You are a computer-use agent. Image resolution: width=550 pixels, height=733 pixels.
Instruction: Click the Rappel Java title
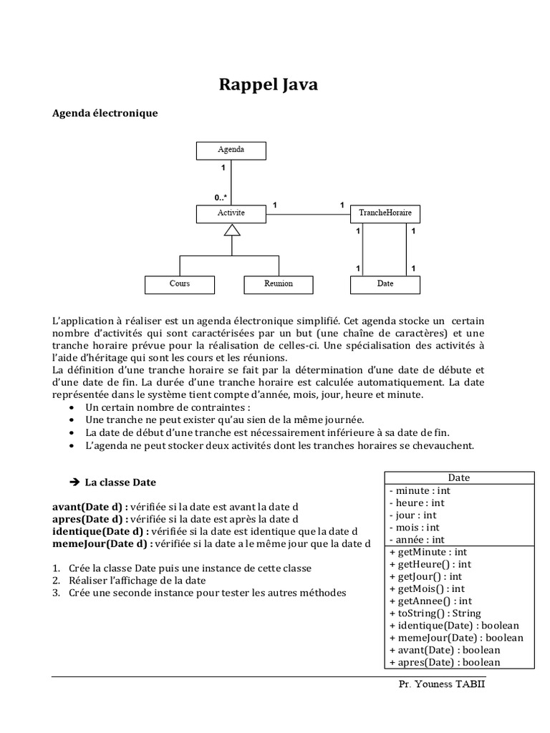pos(268,85)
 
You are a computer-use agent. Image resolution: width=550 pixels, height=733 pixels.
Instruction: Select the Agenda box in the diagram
pos(231,150)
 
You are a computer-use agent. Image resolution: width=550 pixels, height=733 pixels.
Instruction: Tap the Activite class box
pos(231,213)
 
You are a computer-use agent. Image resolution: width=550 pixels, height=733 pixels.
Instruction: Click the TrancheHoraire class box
pos(385,213)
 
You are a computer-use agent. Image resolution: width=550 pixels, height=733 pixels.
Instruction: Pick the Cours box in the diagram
pos(180,284)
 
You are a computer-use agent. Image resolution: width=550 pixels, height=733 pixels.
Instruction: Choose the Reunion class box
pos(279,284)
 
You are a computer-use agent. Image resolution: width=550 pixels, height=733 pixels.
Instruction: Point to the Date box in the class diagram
pos(385,284)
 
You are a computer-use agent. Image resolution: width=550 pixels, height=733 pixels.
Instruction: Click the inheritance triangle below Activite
pos(231,229)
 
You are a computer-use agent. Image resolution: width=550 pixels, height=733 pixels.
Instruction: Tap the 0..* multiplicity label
pos(221,197)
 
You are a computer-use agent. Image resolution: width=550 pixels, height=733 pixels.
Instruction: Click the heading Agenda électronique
pos(105,113)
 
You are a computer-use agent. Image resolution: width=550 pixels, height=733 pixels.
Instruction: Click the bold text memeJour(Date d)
pos(102,543)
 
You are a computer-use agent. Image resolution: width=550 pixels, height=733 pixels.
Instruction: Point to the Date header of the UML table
pos(458,478)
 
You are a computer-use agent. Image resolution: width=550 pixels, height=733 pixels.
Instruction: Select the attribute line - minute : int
pos(420,491)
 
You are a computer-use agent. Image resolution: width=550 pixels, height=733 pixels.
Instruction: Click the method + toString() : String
pos(435,613)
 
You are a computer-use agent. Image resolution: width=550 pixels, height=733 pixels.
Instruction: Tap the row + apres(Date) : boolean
pos(444,662)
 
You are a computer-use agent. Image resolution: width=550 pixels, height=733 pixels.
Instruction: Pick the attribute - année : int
pos(416,540)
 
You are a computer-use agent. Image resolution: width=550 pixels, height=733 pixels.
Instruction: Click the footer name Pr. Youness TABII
pos(446,684)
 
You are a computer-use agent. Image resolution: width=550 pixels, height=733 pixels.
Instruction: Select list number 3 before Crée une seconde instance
pos(56,593)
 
